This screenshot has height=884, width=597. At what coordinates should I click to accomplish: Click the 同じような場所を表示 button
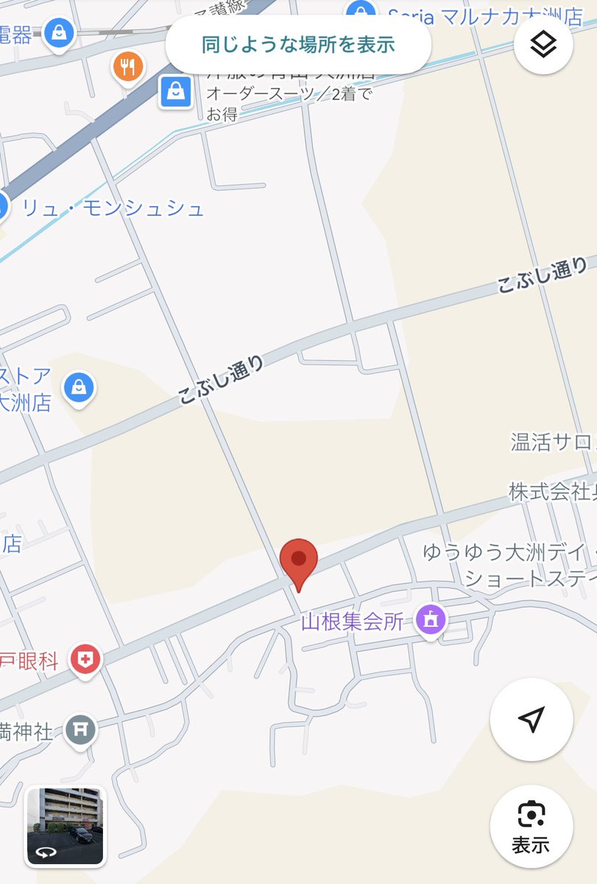(298, 44)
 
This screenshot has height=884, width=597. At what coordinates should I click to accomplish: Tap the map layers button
(544, 44)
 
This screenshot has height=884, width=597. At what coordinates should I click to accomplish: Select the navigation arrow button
(531, 719)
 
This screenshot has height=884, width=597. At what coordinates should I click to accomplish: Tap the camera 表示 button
(531, 824)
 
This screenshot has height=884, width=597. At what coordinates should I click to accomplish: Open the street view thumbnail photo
(66, 825)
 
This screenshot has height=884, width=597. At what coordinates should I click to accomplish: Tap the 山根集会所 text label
(353, 622)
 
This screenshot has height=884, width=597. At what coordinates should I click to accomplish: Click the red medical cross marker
(86, 659)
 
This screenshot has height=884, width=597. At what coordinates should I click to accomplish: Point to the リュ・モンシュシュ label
(113, 208)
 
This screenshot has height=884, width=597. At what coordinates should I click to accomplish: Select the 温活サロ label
(552, 442)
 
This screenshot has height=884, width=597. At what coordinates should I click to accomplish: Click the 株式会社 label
(552, 492)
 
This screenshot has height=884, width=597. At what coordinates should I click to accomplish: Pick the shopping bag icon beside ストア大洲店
(79, 388)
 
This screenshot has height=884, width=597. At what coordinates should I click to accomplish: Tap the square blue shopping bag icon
(176, 92)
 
